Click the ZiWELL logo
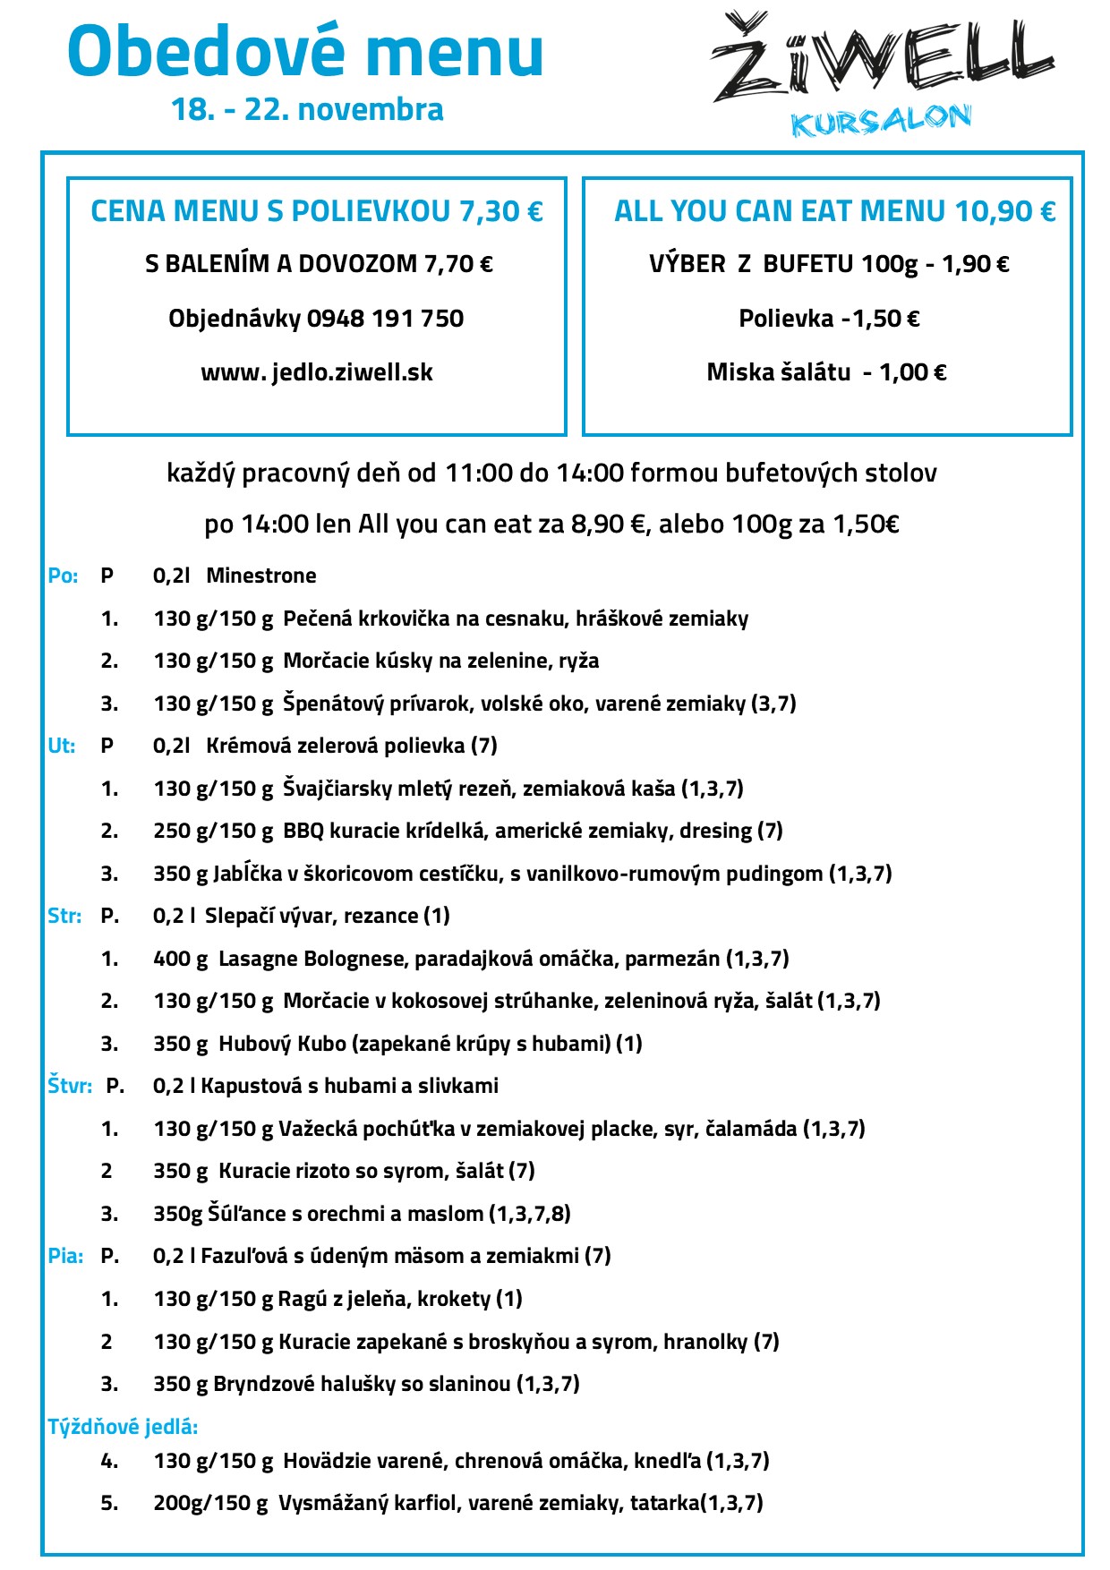[882, 59]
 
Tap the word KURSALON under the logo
[881, 121]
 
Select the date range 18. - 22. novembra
[307, 109]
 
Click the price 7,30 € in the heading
[500, 211]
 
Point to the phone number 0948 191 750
[385, 319]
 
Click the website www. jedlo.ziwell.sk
[317, 372]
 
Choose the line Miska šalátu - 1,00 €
[826, 372]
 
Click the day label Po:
[63, 576]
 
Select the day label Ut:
[61, 746]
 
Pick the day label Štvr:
[69, 1086]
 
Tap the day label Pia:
[65, 1256]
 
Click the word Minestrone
[261, 576]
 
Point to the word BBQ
[303, 831]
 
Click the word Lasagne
[259, 959]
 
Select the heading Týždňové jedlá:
[123, 1426]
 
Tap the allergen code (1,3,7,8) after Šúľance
[530, 1214]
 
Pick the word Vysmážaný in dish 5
[333, 1503]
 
